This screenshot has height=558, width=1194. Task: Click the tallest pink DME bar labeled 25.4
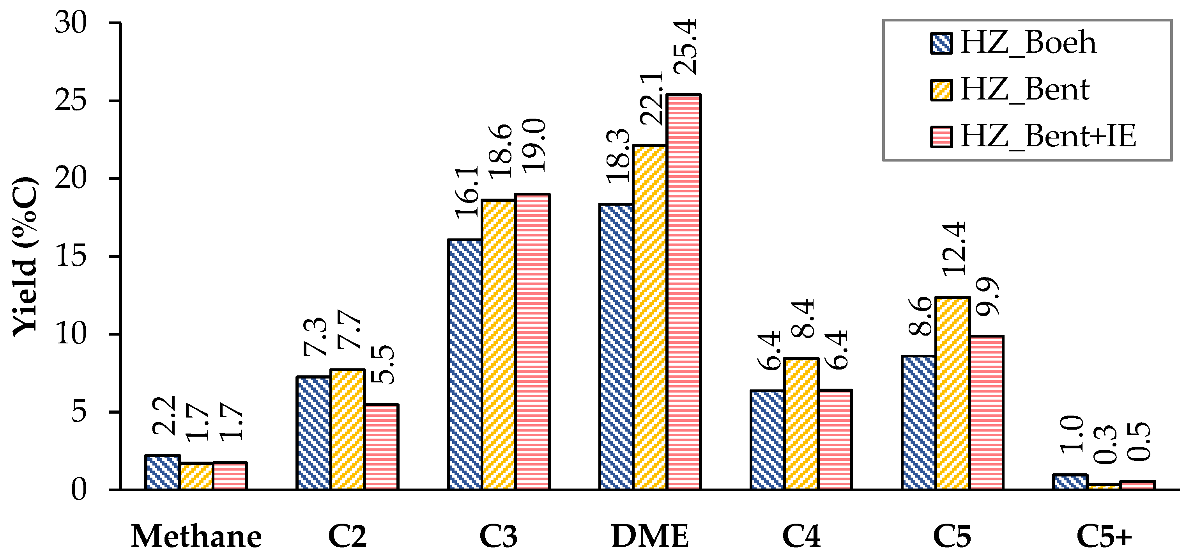coord(683,292)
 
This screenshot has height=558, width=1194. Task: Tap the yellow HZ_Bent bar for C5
coord(953,393)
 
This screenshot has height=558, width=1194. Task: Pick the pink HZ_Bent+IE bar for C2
coord(382,447)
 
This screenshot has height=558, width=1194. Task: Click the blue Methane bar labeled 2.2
coord(162,472)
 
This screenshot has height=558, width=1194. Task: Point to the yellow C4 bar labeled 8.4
coord(801,424)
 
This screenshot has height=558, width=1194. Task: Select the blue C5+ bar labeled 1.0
coord(1070,482)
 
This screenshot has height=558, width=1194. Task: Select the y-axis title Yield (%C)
coord(24,256)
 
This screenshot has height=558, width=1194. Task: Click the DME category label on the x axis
coord(650,537)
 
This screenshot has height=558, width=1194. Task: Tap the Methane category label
coord(196,537)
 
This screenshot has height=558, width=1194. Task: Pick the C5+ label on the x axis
coord(1104,537)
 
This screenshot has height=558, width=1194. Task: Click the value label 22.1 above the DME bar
coord(651,98)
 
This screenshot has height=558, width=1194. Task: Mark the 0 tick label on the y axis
coord(79,490)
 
